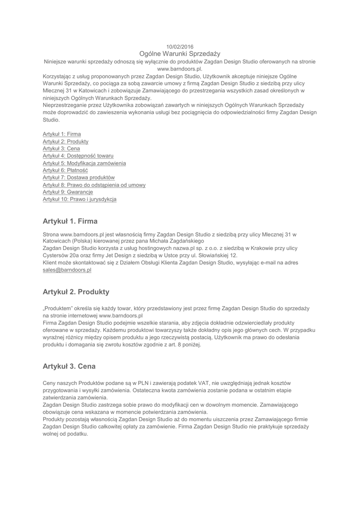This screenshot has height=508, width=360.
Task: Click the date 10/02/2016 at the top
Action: (x=180, y=47)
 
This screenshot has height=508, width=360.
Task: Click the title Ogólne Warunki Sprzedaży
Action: (x=180, y=54)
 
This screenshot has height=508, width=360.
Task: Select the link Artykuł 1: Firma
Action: (x=62, y=134)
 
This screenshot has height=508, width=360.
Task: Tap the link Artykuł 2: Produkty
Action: (x=66, y=141)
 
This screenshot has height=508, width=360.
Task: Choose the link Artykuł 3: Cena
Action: (x=61, y=148)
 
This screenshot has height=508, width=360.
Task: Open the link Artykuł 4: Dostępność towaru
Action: (x=74, y=156)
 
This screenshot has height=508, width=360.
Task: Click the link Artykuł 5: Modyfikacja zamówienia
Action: (x=84, y=163)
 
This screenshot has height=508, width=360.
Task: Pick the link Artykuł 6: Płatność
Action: (x=65, y=170)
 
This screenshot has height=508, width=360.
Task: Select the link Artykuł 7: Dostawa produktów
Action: (x=78, y=177)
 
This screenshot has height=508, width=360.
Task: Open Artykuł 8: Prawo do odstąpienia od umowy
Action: (x=94, y=185)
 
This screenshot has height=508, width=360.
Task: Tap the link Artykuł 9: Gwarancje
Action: (x=68, y=191)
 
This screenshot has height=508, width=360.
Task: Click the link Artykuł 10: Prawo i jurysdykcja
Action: (x=80, y=199)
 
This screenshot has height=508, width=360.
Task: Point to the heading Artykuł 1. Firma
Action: (x=70, y=221)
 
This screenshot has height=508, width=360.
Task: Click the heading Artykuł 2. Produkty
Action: (x=76, y=292)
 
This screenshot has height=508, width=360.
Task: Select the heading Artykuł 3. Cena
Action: (x=69, y=367)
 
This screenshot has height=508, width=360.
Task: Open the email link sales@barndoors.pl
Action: (x=67, y=270)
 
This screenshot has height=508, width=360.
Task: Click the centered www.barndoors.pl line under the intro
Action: (x=180, y=69)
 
